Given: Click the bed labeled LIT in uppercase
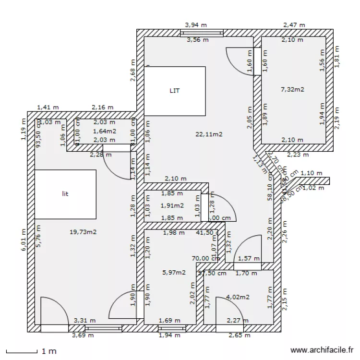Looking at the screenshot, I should tap(175, 91).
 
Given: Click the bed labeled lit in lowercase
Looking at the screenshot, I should tap(65, 194).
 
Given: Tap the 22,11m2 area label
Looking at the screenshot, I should tap(209, 134).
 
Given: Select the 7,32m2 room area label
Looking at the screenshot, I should tap(292, 89).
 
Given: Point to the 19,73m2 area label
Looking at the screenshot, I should tap(83, 232).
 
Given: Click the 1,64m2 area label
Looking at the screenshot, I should tap(104, 131).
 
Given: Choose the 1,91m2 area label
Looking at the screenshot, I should tap(172, 205).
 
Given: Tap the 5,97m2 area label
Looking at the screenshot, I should tap(174, 272).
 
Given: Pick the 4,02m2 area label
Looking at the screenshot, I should tap(238, 297).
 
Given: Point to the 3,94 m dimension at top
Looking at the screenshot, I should tap(196, 24).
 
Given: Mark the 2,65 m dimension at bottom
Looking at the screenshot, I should tap(239, 335).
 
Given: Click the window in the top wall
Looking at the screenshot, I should tap(202, 33).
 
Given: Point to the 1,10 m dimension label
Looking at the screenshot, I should tap(311, 173).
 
